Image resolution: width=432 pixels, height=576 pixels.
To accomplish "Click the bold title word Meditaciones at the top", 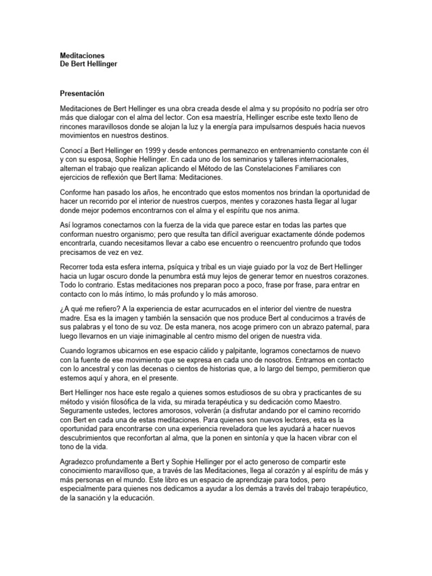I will tap(82, 56).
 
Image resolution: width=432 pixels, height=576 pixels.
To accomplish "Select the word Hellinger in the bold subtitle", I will tap(101, 65).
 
